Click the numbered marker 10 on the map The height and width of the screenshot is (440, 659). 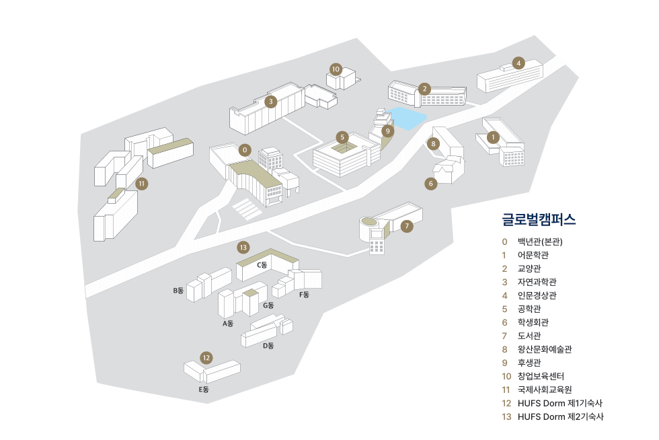[x=336, y=69]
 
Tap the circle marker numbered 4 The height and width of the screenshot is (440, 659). [x=518, y=63]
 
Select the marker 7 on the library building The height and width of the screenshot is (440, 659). [x=407, y=227]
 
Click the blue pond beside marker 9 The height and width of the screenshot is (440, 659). [x=408, y=118]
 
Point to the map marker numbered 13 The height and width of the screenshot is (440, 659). [x=243, y=247]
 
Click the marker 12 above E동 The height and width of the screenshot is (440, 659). [x=206, y=357]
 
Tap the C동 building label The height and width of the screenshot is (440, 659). [x=262, y=265]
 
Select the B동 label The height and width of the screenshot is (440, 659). [x=178, y=291]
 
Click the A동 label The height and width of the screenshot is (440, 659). [x=228, y=324]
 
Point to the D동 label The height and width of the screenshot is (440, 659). [x=268, y=346]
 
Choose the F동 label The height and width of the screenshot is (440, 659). [x=304, y=295]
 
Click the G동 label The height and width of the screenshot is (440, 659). [x=268, y=305]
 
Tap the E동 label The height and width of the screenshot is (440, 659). [x=203, y=390]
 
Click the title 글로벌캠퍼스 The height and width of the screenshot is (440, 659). [x=539, y=219]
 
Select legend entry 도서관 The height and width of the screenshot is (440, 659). [x=529, y=335]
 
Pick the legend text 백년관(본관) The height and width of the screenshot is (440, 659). [x=540, y=241]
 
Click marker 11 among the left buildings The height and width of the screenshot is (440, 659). [x=141, y=183]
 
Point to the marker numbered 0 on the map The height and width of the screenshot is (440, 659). [x=245, y=149]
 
